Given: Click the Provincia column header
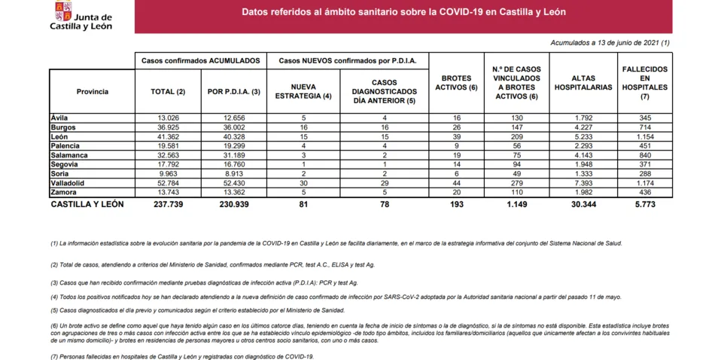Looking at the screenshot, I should [92, 91].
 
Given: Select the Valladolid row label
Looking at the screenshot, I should [67, 183].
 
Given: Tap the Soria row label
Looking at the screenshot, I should [61, 172].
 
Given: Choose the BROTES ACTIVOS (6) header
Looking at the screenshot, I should [457, 83].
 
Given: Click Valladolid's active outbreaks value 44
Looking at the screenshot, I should [457, 183].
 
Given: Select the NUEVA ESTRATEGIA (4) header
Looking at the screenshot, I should [303, 91].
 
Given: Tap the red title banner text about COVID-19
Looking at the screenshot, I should [403, 12].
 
